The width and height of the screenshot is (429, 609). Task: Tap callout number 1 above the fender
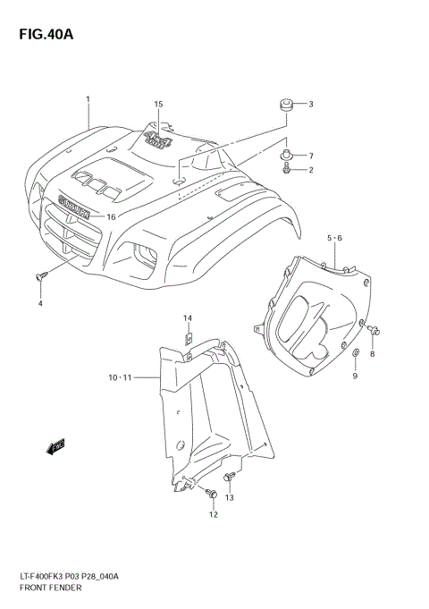click(88, 98)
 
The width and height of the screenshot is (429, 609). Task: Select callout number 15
click(158, 105)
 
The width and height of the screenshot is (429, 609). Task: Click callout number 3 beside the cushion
click(311, 105)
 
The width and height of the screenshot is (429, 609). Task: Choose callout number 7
click(311, 156)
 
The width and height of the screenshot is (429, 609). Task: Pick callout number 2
click(311, 170)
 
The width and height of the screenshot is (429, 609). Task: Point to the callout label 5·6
click(334, 238)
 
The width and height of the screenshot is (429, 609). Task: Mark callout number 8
click(373, 355)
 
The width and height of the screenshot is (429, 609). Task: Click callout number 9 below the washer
click(354, 376)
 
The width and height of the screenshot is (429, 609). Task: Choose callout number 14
click(189, 318)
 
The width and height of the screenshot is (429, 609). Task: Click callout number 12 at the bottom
click(213, 514)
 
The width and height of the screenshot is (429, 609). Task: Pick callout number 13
click(229, 498)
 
